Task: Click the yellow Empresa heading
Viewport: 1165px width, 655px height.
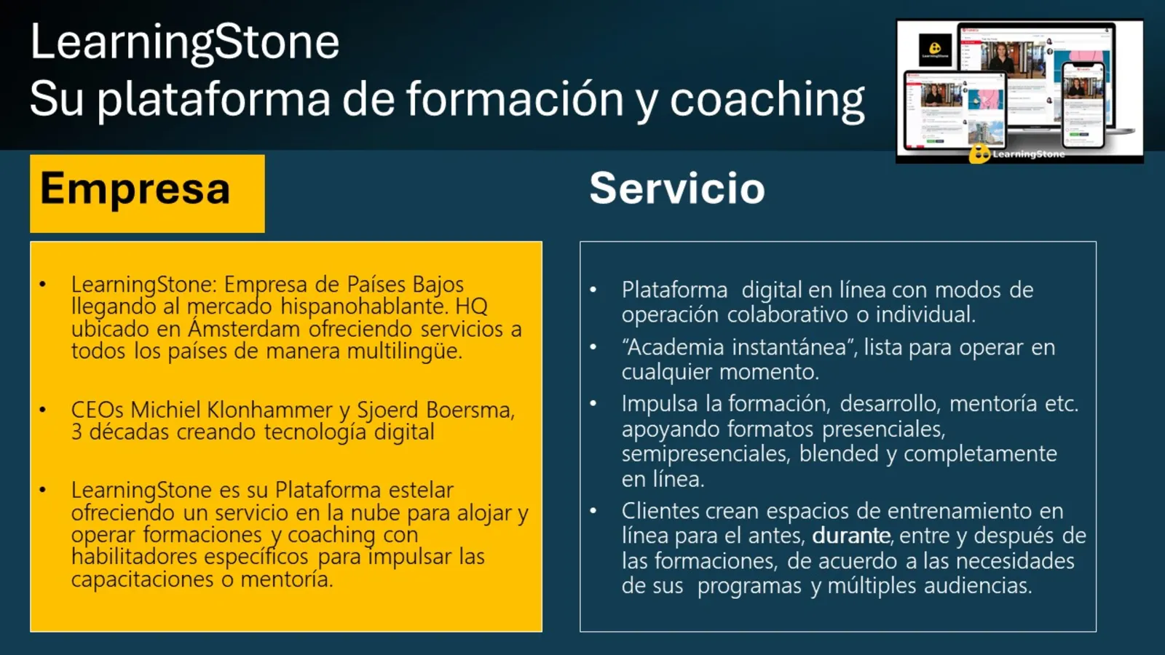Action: coord(135,189)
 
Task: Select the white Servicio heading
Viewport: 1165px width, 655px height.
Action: coord(676,188)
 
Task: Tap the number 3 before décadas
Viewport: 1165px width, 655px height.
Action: coord(76,432)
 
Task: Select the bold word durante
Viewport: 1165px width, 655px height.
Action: coord(851,536)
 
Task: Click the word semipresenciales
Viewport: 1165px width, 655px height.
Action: coord(705,454)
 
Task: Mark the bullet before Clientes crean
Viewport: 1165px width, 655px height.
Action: coord(593,512)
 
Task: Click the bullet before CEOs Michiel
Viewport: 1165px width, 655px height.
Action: coord(43,410)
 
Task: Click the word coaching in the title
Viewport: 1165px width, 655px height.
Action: coord(767,100)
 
